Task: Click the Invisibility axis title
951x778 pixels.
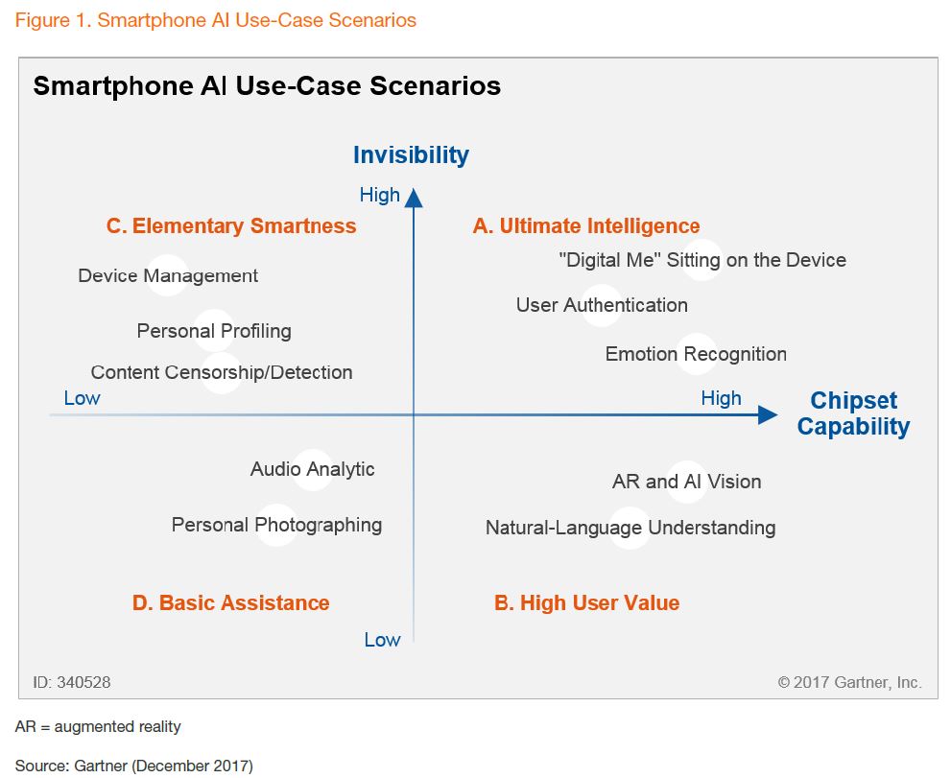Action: click(x=411, y=155)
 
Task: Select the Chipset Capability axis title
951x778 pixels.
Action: click(x=853, y=413)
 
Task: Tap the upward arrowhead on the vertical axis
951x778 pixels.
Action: click(x=414, y=198)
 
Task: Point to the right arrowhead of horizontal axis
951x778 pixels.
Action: click(x=768, y=414)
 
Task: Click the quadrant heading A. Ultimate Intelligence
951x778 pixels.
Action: click(x=586, y=226)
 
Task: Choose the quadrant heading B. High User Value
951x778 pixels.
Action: click(x=586, y=602)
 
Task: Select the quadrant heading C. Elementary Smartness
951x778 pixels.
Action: click(x=231, y=225)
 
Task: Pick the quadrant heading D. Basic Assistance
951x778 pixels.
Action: click(x=230, y=602)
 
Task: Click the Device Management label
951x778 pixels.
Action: click(x=168, y=276)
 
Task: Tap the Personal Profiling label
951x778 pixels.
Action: click(x=214, y=331)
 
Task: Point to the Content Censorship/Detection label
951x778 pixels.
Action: click(x=222, y=372)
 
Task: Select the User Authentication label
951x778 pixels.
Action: click(x=602, y=305)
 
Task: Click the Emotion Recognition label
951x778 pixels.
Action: click(x=696, y=354)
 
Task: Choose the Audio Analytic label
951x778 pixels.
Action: click(x=312, y=469)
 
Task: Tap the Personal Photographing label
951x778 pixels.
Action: click(x=276, y=525)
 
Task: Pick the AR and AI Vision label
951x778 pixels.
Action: click(x=686, y=482)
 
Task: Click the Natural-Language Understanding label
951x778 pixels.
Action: click(x=630, y=529)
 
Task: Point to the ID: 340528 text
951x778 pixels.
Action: click(x=72, y=683)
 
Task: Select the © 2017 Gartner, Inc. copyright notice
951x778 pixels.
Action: click(x=849, y=683)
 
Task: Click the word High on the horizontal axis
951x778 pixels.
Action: click(x=721, y=398)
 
